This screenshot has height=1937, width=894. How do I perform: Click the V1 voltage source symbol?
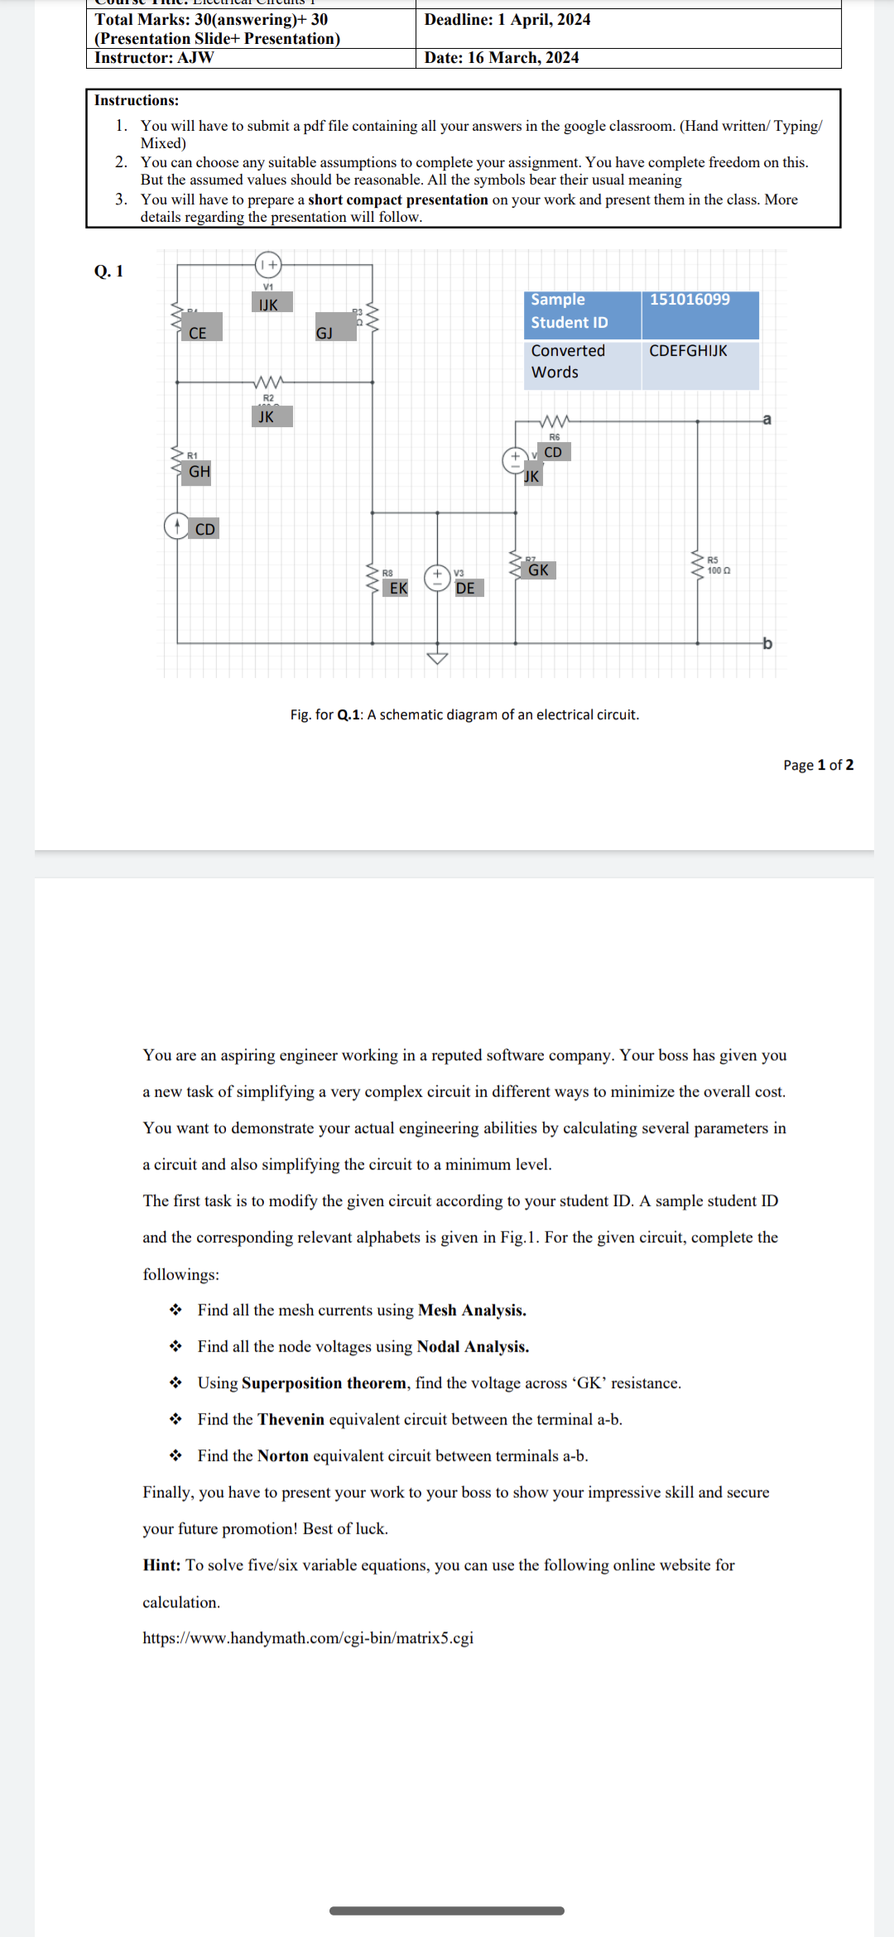point(268,265)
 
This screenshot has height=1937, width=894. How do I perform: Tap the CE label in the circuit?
point(198,333)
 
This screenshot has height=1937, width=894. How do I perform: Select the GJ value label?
point(324,333)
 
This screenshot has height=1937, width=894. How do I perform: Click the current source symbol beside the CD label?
point(176,526)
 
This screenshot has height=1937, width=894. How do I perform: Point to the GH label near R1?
point(199,472)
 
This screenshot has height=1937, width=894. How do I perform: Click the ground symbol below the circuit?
point(437,658)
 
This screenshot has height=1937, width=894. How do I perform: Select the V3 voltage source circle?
point(437,578)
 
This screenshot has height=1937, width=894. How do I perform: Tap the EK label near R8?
point(398,588)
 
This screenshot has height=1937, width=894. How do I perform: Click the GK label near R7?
point(538,570)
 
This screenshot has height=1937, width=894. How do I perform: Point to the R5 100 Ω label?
point(718,565)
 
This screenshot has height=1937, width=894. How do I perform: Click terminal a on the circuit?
point(767,419)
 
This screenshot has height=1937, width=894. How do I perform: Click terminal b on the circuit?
point(767,643)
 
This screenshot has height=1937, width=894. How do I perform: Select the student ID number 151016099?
point(690,300)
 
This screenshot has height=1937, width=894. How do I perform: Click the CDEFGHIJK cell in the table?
point(688,351)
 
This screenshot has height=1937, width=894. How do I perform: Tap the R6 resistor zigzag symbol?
point(554,421)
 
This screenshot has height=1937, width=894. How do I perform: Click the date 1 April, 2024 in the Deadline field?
point(543,20)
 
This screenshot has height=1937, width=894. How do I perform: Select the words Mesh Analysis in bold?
point(472,1310)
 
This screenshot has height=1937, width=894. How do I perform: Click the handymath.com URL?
point(308,1638)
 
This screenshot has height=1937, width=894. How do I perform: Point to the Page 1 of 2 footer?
point(818,765)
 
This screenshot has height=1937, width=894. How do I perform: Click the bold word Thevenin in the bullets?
point(291,1420)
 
